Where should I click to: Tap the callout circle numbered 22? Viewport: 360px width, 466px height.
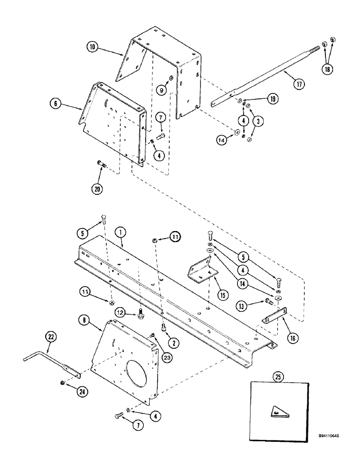[51, 336]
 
